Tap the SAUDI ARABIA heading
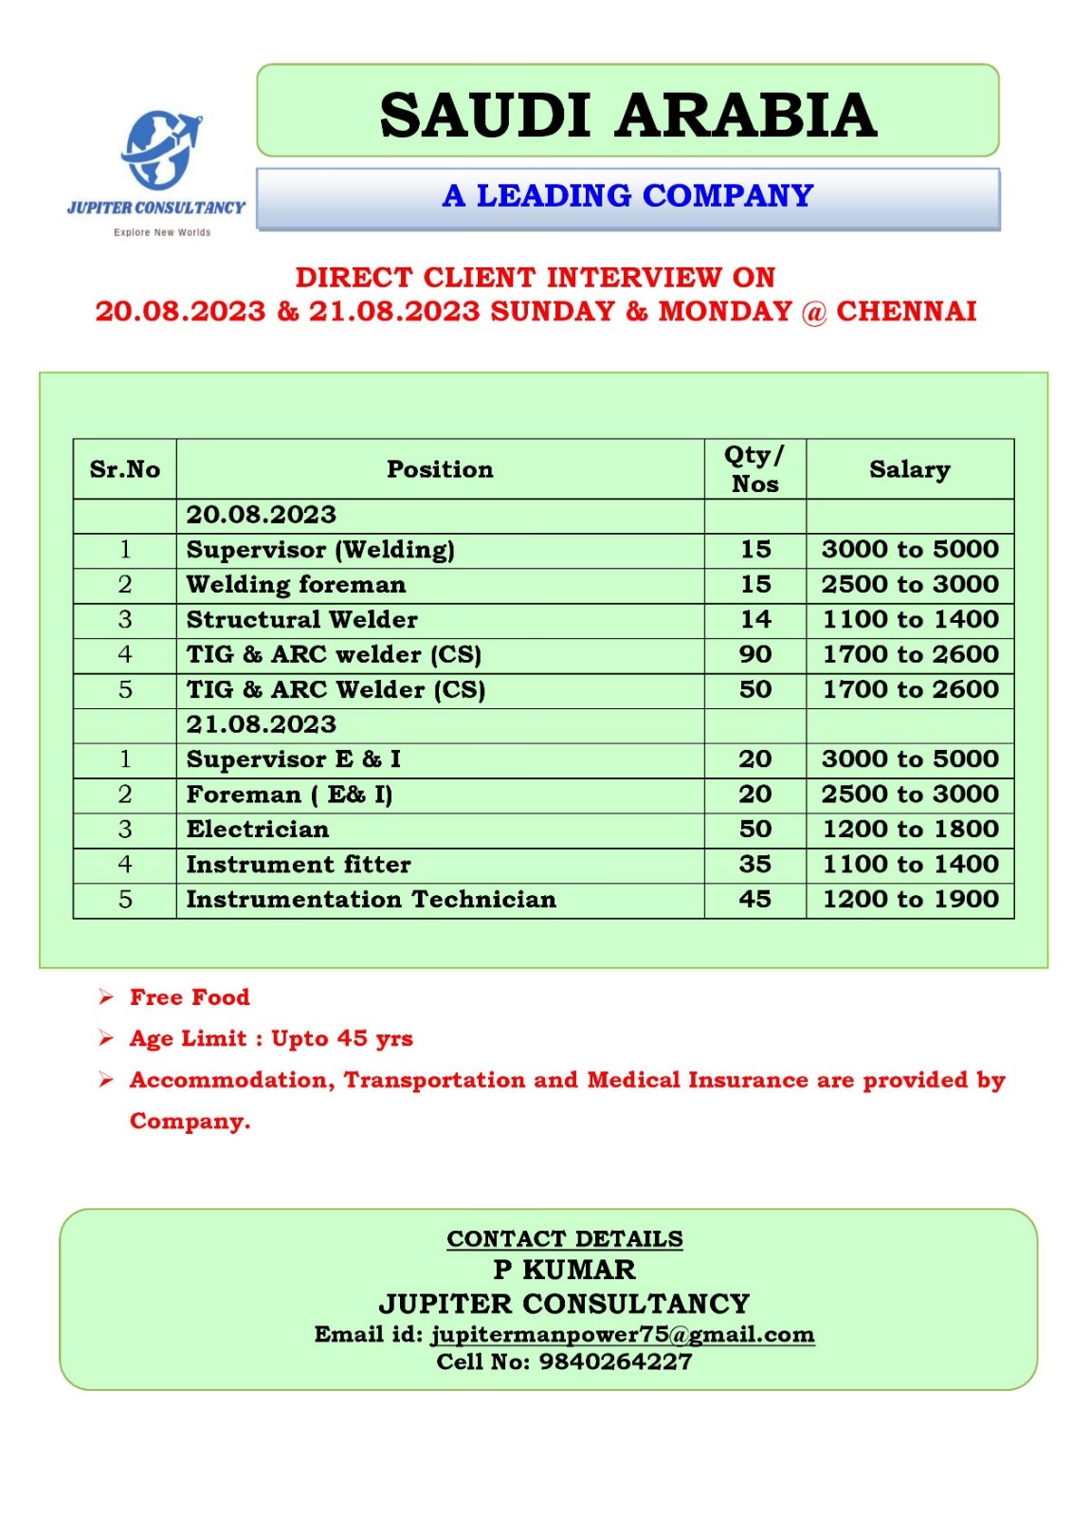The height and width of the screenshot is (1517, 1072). [x=627, y=115]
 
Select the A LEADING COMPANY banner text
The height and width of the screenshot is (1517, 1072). [x=627, y=196]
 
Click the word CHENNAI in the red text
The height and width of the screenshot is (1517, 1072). [x=905, y=312]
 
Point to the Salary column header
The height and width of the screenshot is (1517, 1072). [x=909, y=469]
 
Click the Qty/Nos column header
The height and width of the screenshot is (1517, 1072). [x=754, y=469]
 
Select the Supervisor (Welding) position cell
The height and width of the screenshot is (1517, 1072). [x=320, y=550]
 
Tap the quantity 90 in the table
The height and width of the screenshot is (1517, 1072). [x=755, y=655]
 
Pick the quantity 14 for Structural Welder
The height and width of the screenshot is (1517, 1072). [x=755, y=620]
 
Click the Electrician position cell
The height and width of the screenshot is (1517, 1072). [x=258, y=830]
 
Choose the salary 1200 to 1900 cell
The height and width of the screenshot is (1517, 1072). [x=910, y=900]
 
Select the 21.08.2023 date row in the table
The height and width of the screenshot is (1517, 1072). [x=262, y=725]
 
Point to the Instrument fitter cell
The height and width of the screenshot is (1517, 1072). [x=299, y=865]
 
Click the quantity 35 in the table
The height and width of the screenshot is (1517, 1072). [x=755, y=865]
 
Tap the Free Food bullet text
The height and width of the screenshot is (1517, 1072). [x=190, y=997]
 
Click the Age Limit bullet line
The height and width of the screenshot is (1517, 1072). [x=271, y=1039]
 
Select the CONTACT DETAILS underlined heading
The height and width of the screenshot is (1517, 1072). [x=565, y=1239]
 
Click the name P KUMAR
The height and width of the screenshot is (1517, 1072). [x=565, y=1270]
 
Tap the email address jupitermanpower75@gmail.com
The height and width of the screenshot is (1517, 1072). [x=623, y=1335]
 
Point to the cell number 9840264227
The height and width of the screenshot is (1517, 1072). [x=615, y=1362]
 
